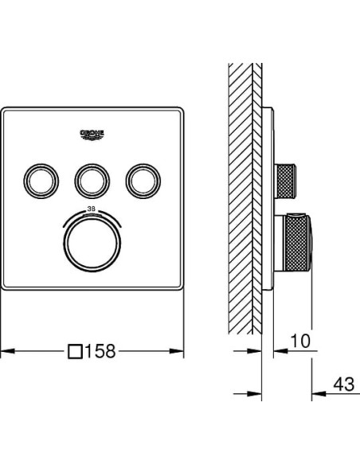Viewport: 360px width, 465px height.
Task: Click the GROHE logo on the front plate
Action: pos(92,135)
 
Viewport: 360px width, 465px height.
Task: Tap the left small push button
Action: pos(41,181)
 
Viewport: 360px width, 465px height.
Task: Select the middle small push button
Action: pos(92,181)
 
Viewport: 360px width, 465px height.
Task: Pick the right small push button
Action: pos(143,181)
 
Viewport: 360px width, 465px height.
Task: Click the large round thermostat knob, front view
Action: pos(92,244)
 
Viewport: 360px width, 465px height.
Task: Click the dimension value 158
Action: pos(100,351)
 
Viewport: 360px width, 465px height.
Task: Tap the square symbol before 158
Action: pos(75,351)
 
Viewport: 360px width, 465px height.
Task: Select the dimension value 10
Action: pos(300,341)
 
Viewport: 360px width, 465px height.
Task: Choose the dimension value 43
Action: pos(344,385)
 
